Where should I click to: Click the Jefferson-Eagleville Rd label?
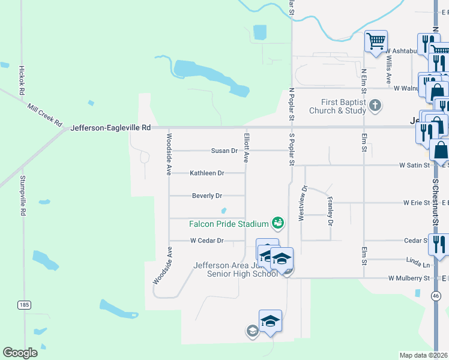tap(110, 128)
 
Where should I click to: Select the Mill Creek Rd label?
tap(45, 114)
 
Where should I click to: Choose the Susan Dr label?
tap(224, 151)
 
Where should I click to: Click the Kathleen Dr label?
tap(207, 173)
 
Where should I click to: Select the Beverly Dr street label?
tap(207, 196)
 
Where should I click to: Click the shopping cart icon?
tap(376, 42)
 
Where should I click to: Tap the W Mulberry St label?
tap(409, 278)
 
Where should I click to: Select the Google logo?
tap(20, 353)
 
